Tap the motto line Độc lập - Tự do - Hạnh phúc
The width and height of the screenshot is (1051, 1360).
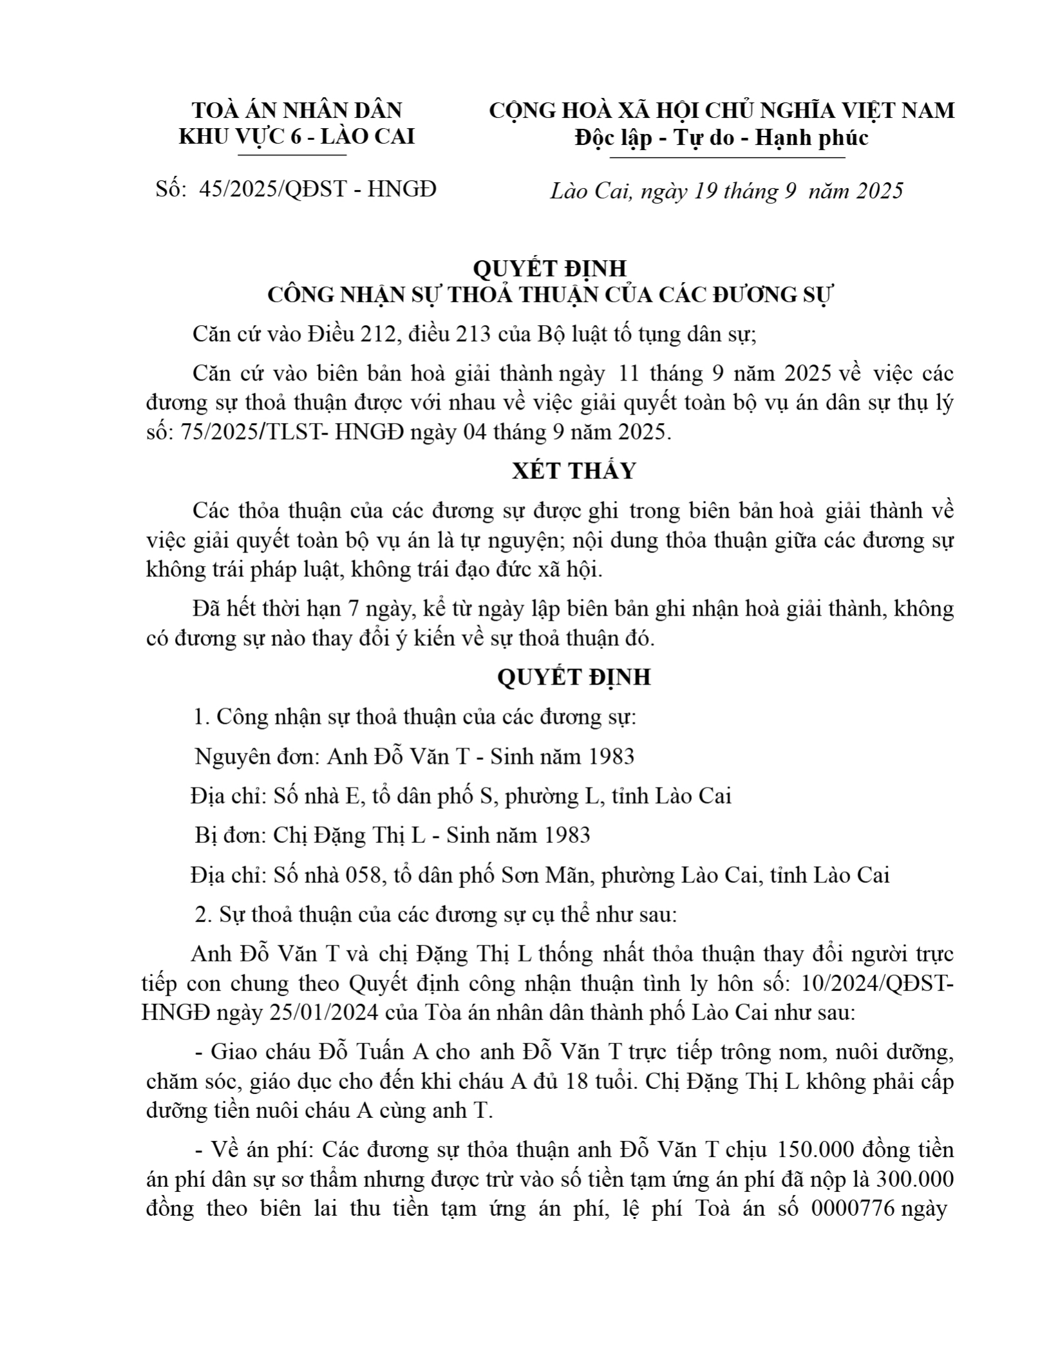coord(721,137)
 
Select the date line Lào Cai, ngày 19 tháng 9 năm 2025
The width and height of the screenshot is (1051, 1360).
coord(727,191)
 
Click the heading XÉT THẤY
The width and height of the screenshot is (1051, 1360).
coord(574,471)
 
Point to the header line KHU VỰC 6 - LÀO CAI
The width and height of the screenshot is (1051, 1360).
coord(296,137)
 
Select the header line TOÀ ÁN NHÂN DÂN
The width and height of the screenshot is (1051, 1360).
coord(297,110)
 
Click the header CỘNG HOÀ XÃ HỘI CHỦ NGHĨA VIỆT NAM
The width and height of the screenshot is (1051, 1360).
coord(721,110)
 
